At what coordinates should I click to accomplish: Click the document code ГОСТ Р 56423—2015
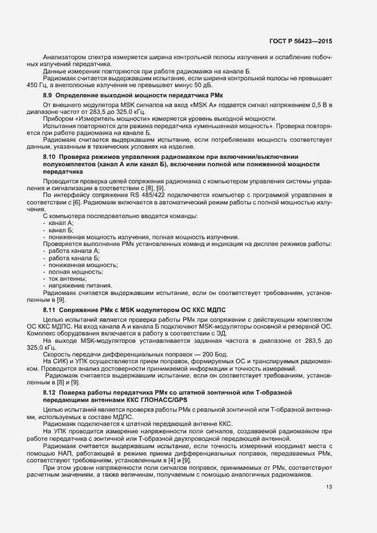coord(301,42)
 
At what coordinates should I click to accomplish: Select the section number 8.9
coord(48,95)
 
